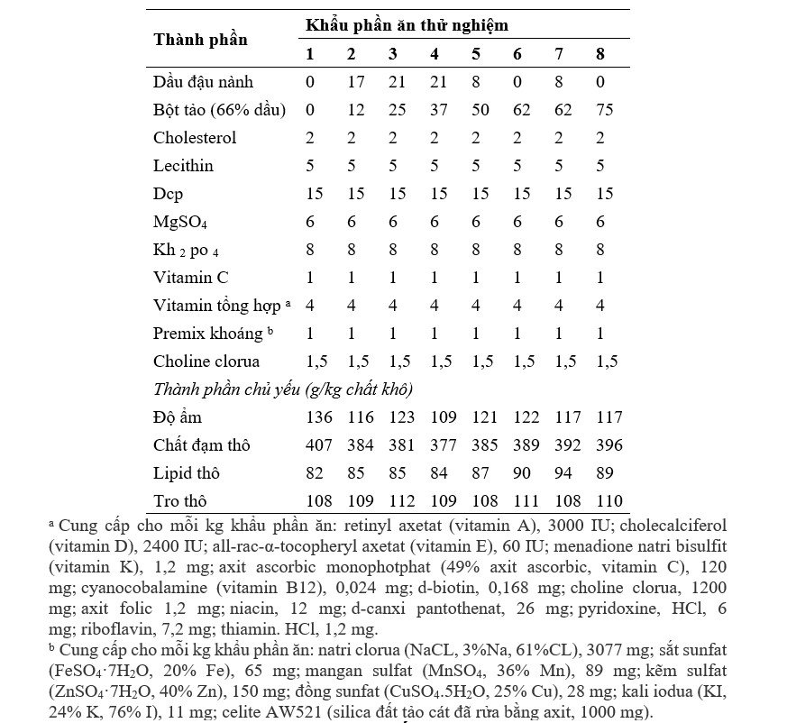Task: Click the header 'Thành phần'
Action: (x=200, y=40)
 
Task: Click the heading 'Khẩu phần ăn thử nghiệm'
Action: (x=407, y=25)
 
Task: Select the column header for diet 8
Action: (x=600, y=54)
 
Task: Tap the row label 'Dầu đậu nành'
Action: (x=203, y=82)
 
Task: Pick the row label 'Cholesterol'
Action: (x=195, y=138)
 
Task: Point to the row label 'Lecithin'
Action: (x=183, y=166)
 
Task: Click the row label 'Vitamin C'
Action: (x=188, y=278)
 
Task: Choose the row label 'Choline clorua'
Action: (x=206, y=361)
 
